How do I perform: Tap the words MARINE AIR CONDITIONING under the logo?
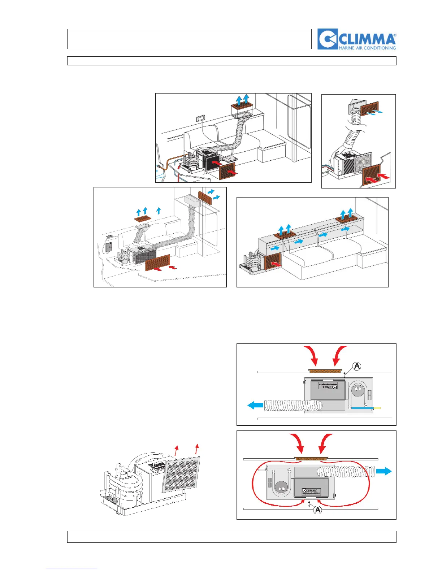click(x=367, y=48)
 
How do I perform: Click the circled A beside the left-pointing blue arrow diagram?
click(x=357, y=366)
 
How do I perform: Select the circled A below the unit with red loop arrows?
click(x=317, y=510)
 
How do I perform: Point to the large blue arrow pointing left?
click(x=255, y=406)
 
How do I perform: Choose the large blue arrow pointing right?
click(x=384, y=471)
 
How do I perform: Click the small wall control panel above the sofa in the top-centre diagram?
click(x=200, y=118)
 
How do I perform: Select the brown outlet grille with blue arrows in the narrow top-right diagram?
click(x=369, y=108)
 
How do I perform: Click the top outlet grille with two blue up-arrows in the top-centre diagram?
click(x=242, y=106)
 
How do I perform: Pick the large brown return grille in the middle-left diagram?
click(x=157, y=262)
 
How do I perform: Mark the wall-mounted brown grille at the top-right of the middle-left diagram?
click(x=205, y=198)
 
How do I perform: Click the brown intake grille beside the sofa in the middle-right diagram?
click(x=273, y=261)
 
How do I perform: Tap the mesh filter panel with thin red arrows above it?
click(x=181, y=474)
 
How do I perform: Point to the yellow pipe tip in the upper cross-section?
click(x=377, y=408)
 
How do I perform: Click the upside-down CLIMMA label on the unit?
click(x=328, y=386)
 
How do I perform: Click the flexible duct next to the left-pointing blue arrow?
click(x=292, y=406)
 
